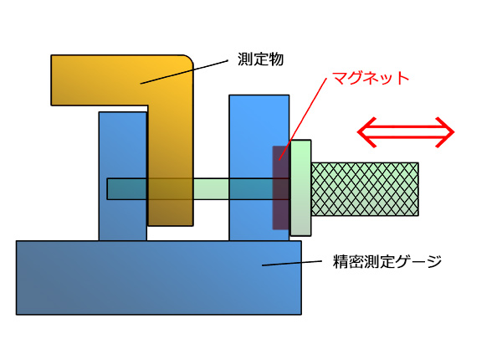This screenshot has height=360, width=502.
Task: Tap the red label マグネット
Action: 371,79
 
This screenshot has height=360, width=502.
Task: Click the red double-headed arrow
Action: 406,131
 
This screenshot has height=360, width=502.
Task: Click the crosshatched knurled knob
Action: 365,189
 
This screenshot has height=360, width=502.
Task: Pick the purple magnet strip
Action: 280,188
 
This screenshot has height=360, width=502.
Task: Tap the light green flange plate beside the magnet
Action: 301,188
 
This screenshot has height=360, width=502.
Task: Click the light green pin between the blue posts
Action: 213,188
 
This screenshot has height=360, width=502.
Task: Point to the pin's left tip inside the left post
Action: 110,188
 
